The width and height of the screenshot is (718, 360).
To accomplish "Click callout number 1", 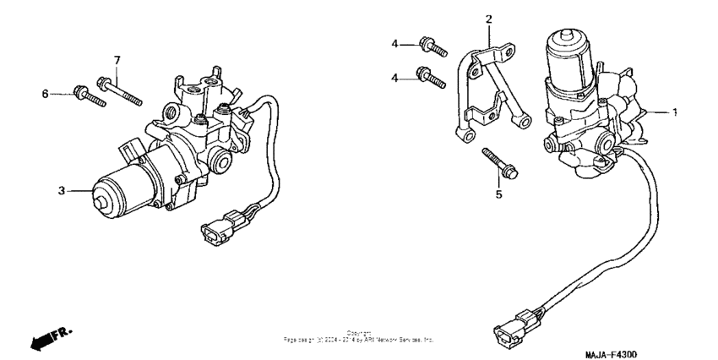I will (x=674, y=111).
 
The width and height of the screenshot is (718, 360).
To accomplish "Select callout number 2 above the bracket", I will (x=487, y=18).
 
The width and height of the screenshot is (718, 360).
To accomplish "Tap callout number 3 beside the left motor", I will (x=62, y=191).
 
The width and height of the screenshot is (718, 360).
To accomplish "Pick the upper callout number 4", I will (x=394, y=44).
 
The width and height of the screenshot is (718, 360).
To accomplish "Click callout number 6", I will (x=46, y=93).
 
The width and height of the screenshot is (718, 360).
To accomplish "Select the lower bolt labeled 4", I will (x=431, y=79).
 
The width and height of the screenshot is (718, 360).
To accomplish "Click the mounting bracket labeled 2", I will (x=486, y=93).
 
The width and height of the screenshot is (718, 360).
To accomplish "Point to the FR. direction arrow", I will (x=47, y=338).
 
